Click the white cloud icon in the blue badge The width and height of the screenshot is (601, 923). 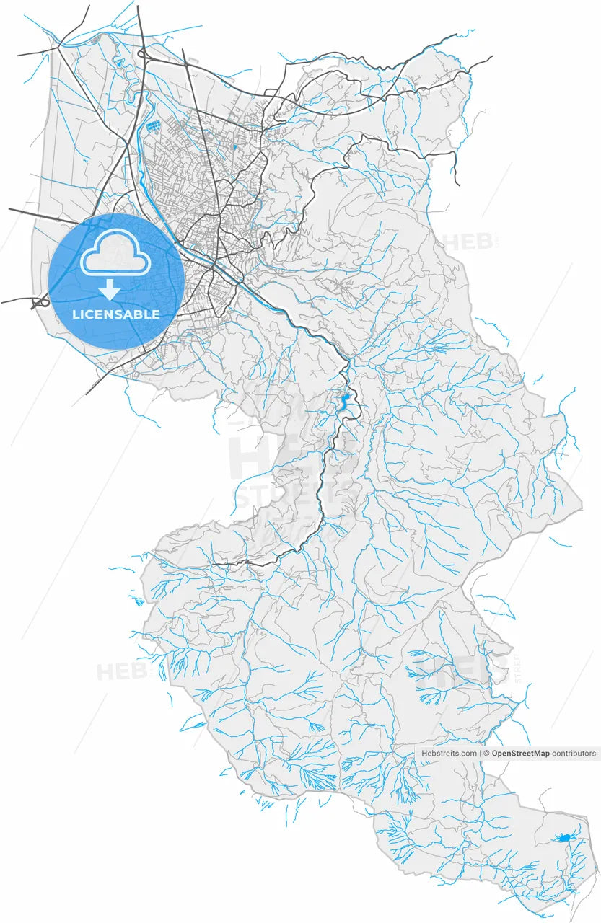coord(115,252)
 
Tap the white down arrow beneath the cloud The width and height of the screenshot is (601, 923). coord(110,290)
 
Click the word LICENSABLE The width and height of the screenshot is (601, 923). coord(115,315)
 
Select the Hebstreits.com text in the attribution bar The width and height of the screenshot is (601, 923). coord(449,754)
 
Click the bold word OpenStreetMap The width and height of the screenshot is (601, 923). coord(521,754)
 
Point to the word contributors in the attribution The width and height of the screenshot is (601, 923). coord(574,754)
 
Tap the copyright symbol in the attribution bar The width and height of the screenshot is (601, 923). coord(487,754)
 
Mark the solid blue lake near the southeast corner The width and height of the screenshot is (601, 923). coord(565,837)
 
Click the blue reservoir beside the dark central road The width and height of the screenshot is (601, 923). coord(346,399)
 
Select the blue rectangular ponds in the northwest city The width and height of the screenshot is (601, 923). coord(153,127)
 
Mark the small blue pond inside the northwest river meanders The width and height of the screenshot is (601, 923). coord(118,65)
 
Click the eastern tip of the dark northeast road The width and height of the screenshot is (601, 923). coord(491,57)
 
